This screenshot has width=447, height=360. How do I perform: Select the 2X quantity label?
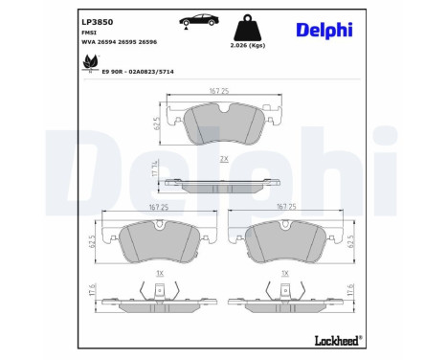pos(223,158)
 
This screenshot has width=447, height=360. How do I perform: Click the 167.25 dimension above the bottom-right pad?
pos(285,206)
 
